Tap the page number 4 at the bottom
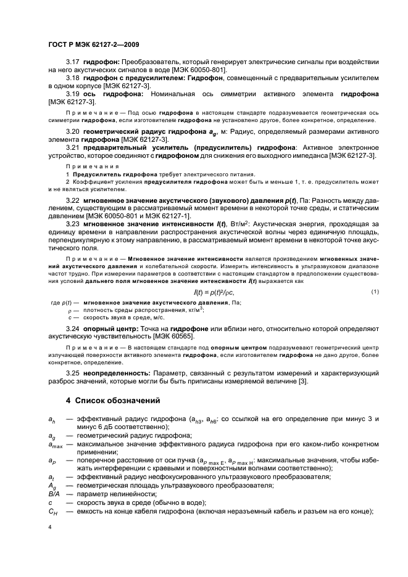tap(50, 527)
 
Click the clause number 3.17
tap(73, 63)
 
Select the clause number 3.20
tap(73, 132)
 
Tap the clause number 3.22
tap(73, 201)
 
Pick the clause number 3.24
tap(73, 329)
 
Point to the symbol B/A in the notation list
tap(54, 494)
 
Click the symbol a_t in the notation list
tap(51, 477)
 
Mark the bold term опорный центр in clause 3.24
tap(115, 329)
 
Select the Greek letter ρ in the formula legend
tap(70, 311)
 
